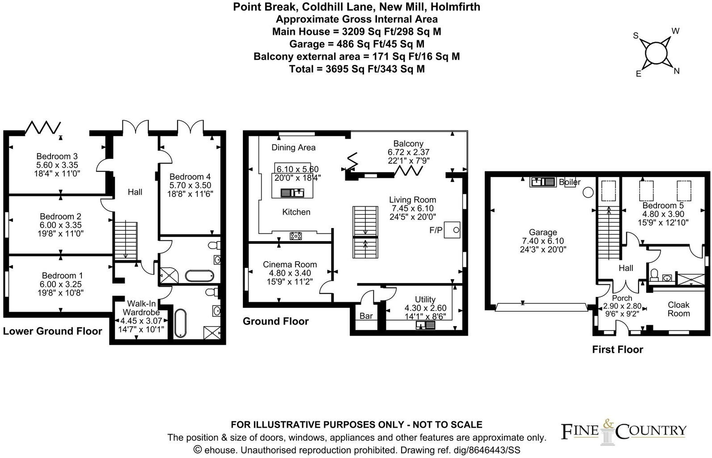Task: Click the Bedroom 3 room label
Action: (x=57, y=156)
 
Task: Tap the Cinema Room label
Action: (x=289, y=264)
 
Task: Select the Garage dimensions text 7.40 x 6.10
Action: (x=543, y=241)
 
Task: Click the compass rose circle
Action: (x=656, y=53)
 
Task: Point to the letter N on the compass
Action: (x=676, y=71)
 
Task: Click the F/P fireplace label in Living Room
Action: (x=436, y=230)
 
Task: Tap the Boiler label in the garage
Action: (x=569, y=182)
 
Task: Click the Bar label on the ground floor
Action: (x=366, y=316)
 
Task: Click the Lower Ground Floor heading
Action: (x=52, y=331)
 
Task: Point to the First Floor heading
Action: (x=617, y=350)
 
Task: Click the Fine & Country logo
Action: (x=623, y=430)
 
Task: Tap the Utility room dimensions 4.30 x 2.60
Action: (x=425, y=308)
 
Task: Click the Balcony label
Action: (x=408, y=144)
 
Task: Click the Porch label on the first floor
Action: (x=622, y=298)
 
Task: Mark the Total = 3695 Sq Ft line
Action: (x=356, y=69)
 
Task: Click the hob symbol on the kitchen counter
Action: (x=295, y=236)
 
